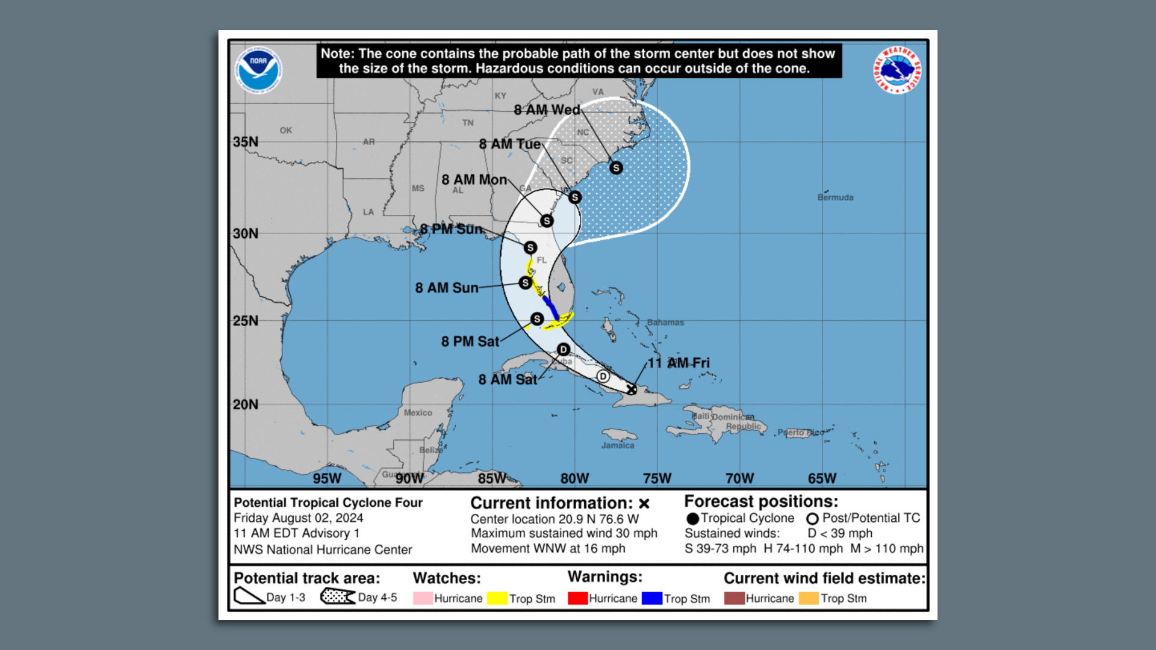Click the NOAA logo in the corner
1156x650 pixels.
[258, 70]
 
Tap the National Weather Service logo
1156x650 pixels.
[897, 70]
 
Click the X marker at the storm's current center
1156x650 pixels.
[631, 389]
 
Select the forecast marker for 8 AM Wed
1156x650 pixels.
[616, 168]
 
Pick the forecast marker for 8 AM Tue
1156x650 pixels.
[575, 197]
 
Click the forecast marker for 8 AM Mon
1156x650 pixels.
[547, 221]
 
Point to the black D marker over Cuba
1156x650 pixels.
[564, 350]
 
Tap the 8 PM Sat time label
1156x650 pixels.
[470, 342]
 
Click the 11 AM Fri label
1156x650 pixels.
[679, 363]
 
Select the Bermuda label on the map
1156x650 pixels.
[835, 197]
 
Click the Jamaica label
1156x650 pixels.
[618, 445]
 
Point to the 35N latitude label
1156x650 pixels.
[246, 142]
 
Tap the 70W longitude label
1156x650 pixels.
[739, 478]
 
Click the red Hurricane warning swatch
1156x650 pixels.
[577, 598]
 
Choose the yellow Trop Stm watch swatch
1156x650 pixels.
[497, 598]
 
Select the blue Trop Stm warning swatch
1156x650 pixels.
[652, 598]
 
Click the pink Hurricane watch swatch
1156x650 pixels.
[423, 598]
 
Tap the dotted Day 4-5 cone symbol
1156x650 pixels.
[337, 596]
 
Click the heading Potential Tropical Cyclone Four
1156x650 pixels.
[328, 503]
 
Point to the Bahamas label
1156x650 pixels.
[665, 323]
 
